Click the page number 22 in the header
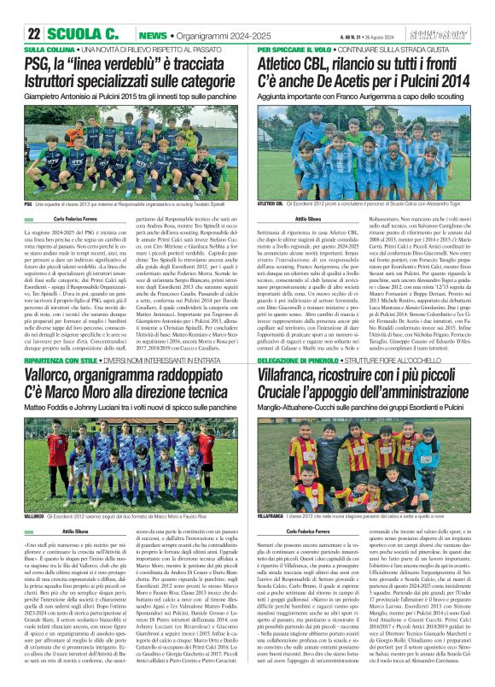[x=35, y=34]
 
